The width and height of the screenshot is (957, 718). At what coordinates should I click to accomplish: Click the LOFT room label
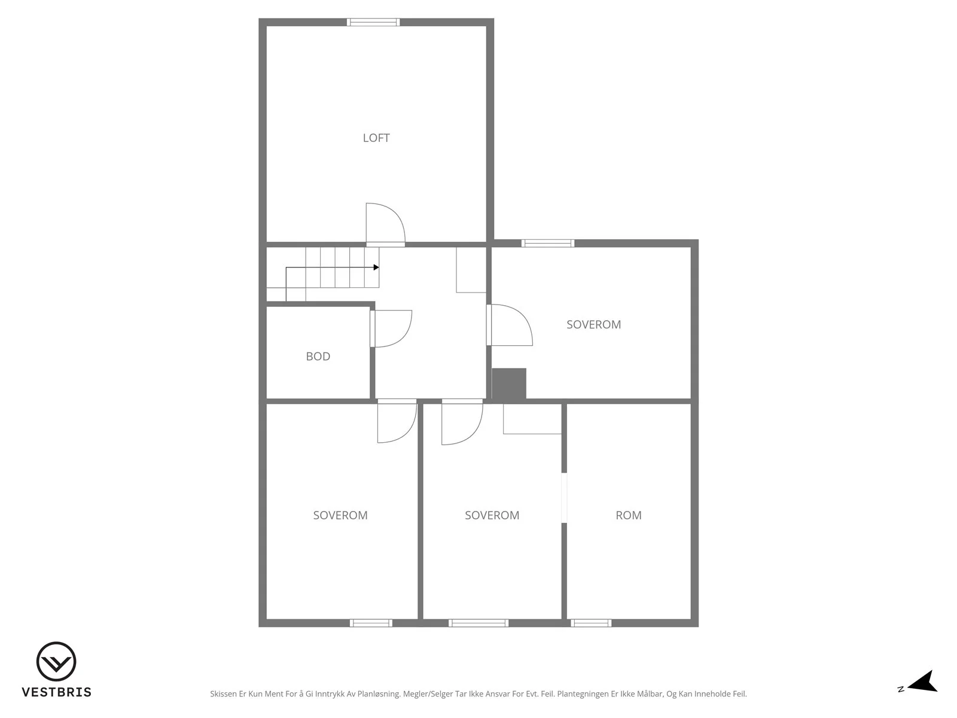tap(376, 138)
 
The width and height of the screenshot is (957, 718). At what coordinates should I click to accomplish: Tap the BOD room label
tap(318, 356)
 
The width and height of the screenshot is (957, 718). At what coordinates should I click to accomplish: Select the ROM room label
tap(628, 515)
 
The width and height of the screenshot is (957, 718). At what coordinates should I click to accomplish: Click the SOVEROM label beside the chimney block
tap(593, 324)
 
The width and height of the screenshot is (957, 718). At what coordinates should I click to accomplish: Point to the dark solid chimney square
tap(509, 383)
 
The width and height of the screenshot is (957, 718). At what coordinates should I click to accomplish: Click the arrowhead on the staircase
tap(376, 267)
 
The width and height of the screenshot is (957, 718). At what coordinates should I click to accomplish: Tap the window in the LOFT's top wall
tap(373, 22)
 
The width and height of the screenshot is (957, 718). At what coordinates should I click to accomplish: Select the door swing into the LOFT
tap(385, 224)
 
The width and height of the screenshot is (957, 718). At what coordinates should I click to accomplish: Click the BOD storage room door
tap(391, 328)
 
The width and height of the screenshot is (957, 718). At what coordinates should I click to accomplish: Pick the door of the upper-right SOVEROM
tap(510, 325)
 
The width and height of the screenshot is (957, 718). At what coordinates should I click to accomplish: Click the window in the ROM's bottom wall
tap(591, 623)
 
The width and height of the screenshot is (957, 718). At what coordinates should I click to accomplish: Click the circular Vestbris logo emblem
tap(56, 661)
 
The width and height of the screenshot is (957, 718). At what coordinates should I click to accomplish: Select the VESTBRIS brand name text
tap(57, 692)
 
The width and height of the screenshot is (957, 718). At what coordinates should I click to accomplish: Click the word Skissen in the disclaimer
tap(223, 693)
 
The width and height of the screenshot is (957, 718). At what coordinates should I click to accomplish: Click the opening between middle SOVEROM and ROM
tap(564, 498)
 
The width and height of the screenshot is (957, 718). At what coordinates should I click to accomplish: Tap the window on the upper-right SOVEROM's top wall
tap(548, 244)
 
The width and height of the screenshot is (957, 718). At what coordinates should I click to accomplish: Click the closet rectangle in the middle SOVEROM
tap(532, 418)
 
